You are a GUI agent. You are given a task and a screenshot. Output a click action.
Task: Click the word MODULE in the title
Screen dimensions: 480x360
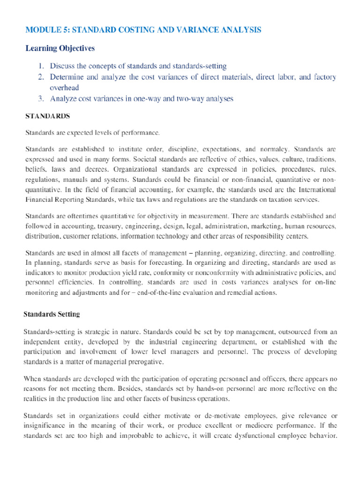pos(40,30)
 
